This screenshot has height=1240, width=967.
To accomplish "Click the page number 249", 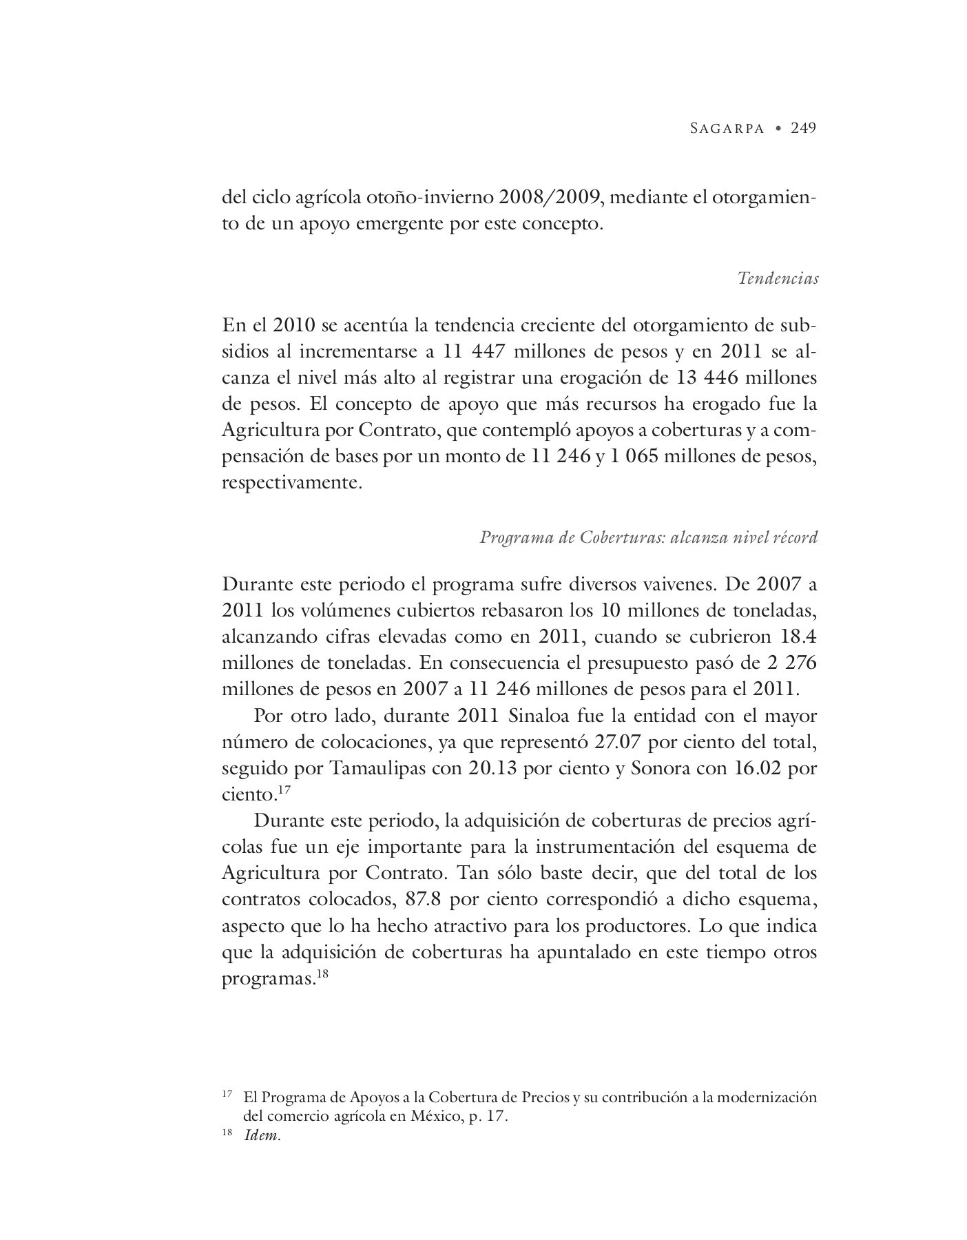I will tap(803, 127).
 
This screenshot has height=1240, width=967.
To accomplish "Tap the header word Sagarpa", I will tap(727, 128).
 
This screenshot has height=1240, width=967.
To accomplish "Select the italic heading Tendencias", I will tap(778, 278).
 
